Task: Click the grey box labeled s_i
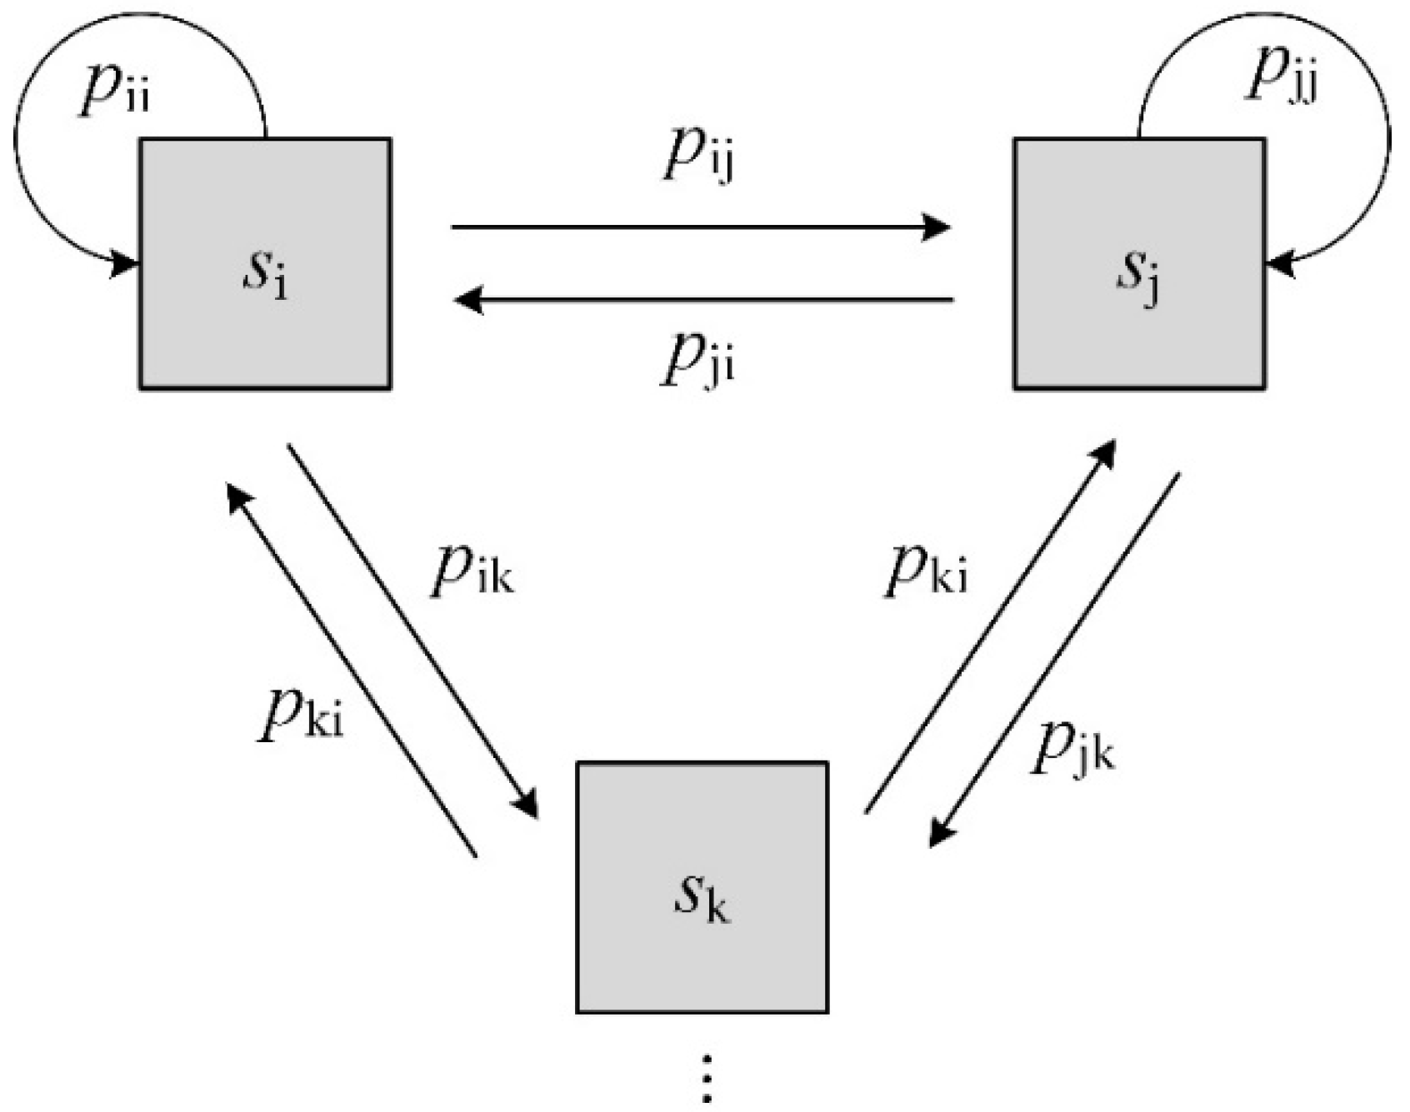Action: (265, 263)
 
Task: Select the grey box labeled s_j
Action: (1139, 263)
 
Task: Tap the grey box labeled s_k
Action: (702, 886)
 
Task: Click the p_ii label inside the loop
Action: (115, 89)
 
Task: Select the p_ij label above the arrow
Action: (698, 156)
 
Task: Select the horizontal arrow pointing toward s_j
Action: (700, 226)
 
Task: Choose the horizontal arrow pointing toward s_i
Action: (704, 298)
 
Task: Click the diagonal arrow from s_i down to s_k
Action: (412, 631)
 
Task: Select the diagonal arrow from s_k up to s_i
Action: (352, 671)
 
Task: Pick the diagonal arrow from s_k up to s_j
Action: (990, 626)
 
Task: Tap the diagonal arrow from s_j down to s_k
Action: (1055, 660)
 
